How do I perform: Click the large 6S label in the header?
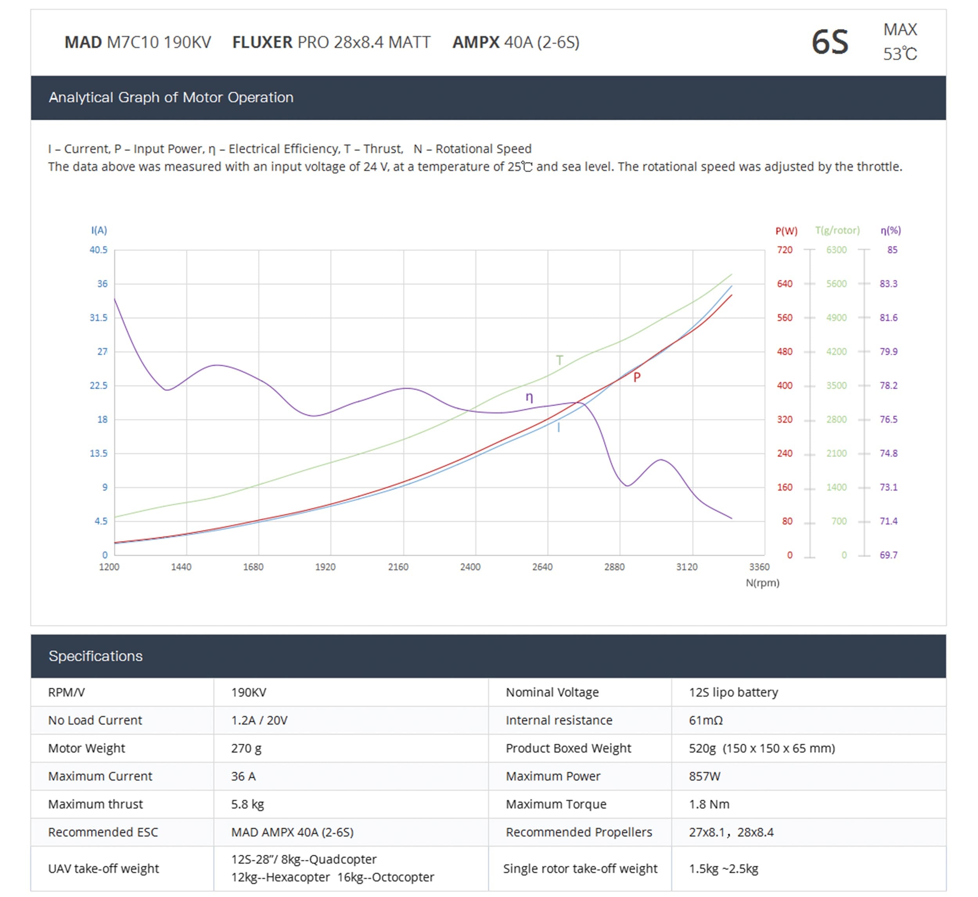830,42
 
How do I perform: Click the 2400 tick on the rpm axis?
470,567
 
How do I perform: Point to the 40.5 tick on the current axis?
99,250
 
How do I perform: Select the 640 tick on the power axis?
785,284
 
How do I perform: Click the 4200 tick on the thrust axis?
836,351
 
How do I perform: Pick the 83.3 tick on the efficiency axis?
889,284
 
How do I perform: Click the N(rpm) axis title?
762,583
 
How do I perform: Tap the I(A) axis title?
99,230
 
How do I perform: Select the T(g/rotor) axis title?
837,230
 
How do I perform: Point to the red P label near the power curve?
637,377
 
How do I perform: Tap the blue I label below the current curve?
558,428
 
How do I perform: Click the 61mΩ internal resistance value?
706,720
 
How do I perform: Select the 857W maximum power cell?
705,776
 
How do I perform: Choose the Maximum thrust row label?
95,804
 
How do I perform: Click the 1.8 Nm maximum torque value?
709,804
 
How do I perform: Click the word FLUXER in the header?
262,42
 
